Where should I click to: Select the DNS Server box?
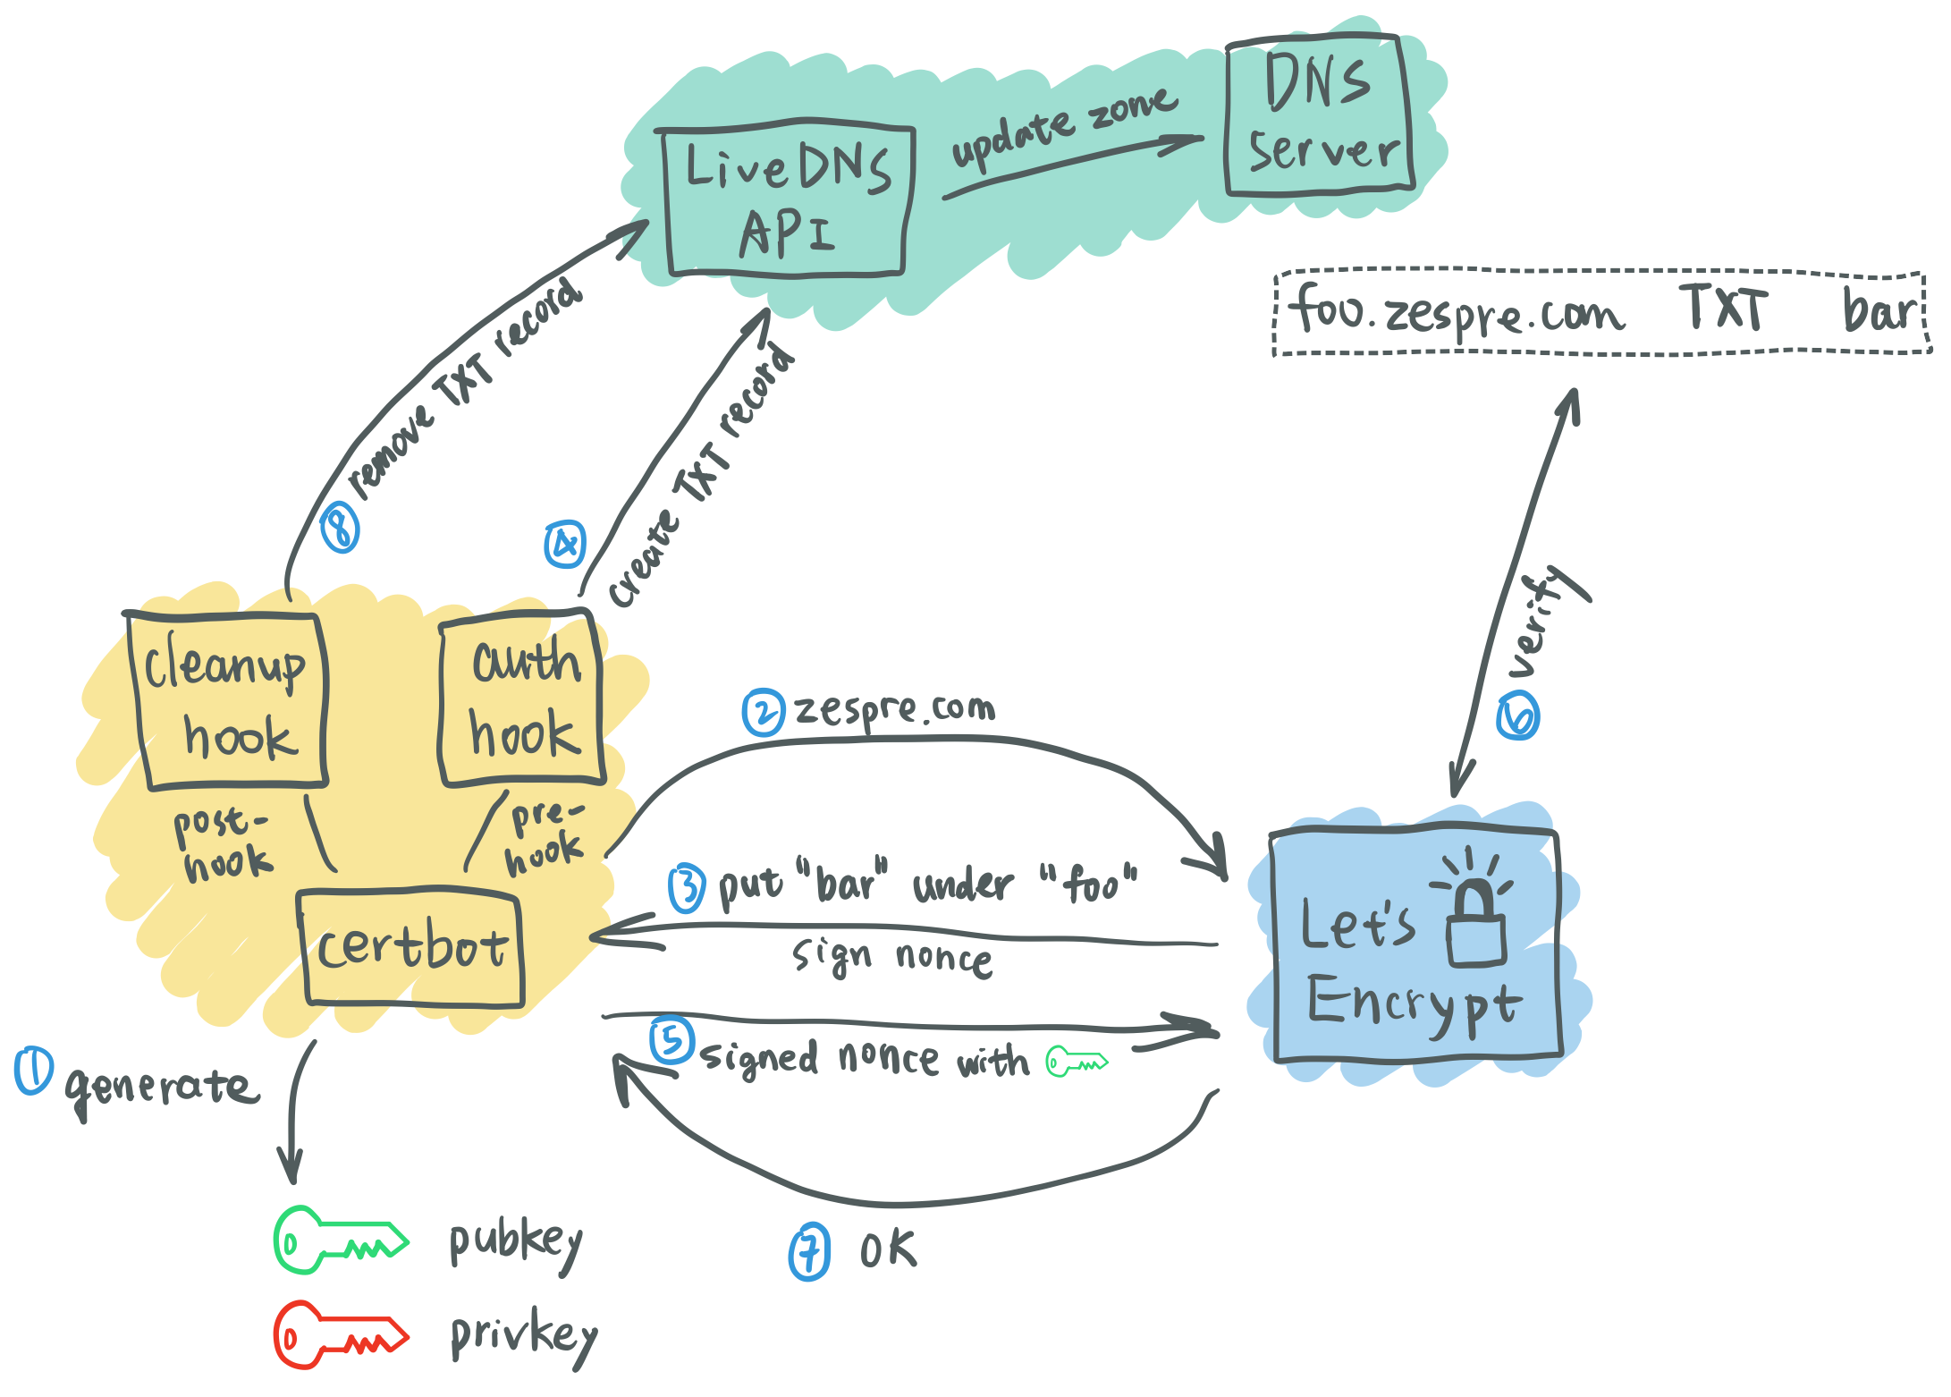[1319, 114]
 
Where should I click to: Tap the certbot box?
[411, 948]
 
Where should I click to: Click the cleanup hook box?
[228, 700]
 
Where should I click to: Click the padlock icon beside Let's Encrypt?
[1475, 921]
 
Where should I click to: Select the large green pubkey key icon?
[340, 1241]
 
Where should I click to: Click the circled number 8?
[341, 528]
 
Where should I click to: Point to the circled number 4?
[565, 544]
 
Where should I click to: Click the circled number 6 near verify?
[1517, 717]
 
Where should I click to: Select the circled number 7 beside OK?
[809, 1252]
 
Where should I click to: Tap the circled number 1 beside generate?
[34, 1071]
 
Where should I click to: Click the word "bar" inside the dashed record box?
[1878, 311]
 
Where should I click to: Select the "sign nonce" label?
[891, 958]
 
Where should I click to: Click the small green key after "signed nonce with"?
[1077, 1063]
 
